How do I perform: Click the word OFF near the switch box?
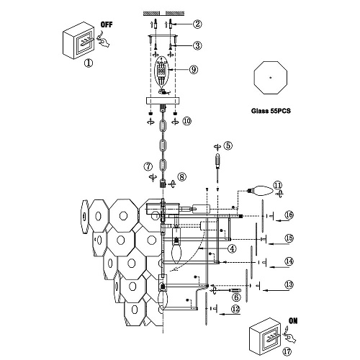pyautogui.click(x=107, y=24)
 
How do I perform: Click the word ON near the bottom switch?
pyautogui.click(x=293, y=320)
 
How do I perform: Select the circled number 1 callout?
pyautogui.click(x=89, y=63)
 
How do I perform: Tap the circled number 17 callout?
pyautogui.click(x=287, y=352)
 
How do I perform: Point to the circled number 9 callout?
pyautogui.click(x=194, y=70)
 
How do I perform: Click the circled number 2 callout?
pyautogui.click(x=197, y=24)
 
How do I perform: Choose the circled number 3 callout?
pyautogui.click(x=197, y=45)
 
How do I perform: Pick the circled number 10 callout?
pyautogui.click(x=187, y=121)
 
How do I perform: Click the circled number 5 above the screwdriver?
pyautogui.click(x=228, y=145)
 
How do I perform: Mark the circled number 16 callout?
pyautogui.click(x=289, y=215)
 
